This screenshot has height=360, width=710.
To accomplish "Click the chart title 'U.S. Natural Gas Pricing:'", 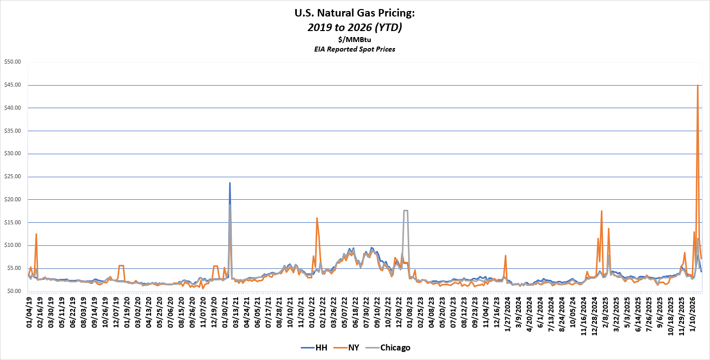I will (354, 13).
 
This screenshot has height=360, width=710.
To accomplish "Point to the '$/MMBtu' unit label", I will (354, 40).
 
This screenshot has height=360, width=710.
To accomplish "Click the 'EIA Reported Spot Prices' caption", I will (354, 49).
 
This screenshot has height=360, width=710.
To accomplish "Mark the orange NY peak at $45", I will (697, 86).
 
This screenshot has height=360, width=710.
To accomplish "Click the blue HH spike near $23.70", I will (230, 183).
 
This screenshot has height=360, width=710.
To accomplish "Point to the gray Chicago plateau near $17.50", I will (405, 211).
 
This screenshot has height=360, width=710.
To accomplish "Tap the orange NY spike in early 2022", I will (317, 218).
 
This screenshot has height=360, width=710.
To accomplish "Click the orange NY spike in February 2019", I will (36, 234).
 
